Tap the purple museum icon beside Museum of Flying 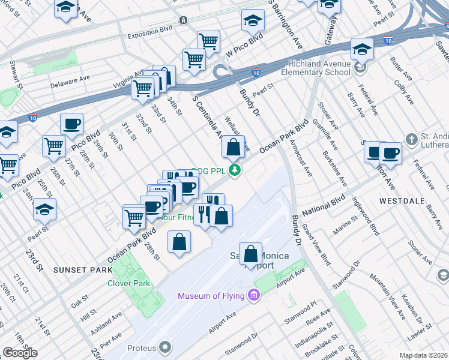[253, 295]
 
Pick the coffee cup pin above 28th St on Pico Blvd [71, 124]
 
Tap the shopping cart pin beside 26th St [53, 146]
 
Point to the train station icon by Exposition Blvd [183, 20]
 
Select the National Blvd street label [324, 204]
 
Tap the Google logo [20, 353]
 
